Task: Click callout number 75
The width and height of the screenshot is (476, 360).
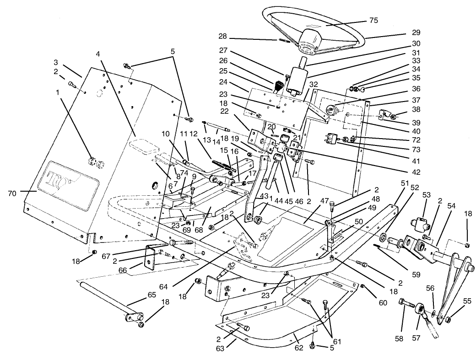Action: (x=373, y=21)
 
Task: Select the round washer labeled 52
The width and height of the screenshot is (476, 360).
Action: (x=381, y=238)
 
